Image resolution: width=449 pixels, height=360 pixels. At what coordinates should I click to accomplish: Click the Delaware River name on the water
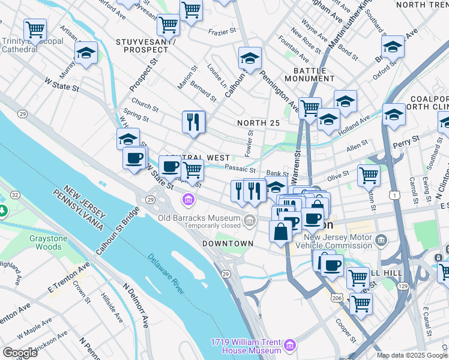coord(164,272)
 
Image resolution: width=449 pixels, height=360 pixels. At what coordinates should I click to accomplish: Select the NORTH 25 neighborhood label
coord(258,123)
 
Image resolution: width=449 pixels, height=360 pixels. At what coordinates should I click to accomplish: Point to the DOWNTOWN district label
coord(228,243)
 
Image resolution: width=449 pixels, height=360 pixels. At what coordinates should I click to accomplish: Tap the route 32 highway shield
coord(14,194)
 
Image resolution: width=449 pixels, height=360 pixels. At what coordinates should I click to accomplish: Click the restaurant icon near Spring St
coord(194,122)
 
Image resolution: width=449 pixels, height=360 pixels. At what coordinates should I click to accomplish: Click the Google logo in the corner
coord(20,352)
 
